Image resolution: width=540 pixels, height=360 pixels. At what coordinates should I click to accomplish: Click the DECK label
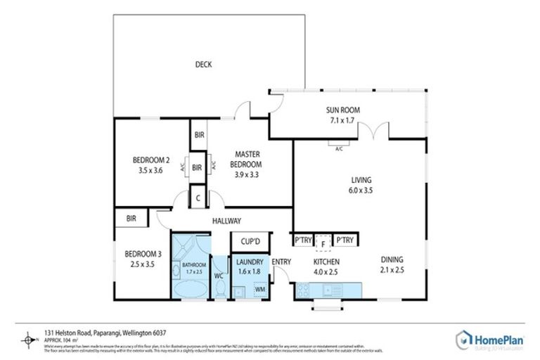coord(204,65)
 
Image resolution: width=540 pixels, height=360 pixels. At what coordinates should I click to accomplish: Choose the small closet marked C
coord(198,198)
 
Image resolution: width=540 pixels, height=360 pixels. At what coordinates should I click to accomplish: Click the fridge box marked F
coord(323,242)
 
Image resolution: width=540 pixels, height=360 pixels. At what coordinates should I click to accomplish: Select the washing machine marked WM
coord(259,289)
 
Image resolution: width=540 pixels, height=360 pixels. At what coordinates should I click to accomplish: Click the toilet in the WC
coord(219,288)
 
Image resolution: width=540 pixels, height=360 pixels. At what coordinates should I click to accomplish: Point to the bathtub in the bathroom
coord(191,288)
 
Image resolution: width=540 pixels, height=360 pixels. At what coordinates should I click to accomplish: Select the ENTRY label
coord(281,262)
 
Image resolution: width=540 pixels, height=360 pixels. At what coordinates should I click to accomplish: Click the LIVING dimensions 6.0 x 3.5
coord(361,190)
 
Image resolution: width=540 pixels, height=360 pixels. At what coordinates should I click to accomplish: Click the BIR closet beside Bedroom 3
coord(131,219)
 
